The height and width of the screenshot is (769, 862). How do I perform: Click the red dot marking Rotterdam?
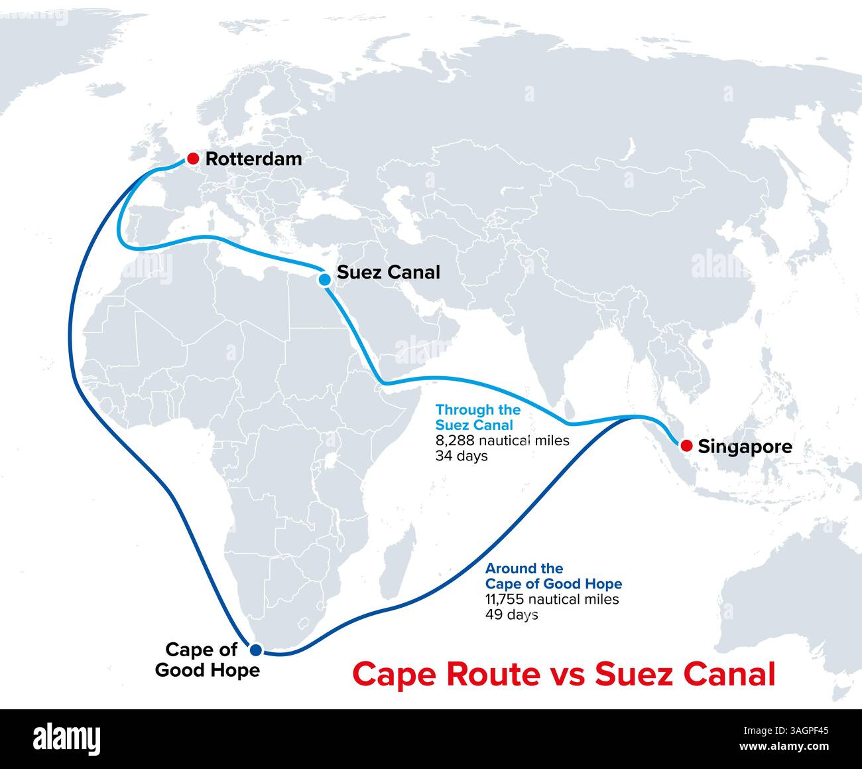(x=192, y=159)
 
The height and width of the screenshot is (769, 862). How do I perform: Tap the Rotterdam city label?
(x=253, y=159)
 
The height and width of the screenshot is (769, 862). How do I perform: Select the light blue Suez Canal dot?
(x=325, y=279)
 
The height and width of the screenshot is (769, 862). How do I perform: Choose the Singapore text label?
(x=745, y=447)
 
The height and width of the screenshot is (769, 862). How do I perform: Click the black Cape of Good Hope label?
(x=207, y=660)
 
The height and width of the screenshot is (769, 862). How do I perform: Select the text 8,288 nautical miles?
(x=502, y=441)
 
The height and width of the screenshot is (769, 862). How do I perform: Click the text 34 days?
(x=462, y=456)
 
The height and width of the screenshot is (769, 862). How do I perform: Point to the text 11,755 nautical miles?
(x=552, y=599)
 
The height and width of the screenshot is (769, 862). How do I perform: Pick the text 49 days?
(x=511, y=615)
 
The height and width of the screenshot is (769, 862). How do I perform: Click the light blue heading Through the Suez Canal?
(x=477, y=417)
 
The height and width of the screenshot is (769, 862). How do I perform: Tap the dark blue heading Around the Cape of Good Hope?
(x=553, y=576)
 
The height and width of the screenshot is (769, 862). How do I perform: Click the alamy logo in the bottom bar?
(x=66, y=738)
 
